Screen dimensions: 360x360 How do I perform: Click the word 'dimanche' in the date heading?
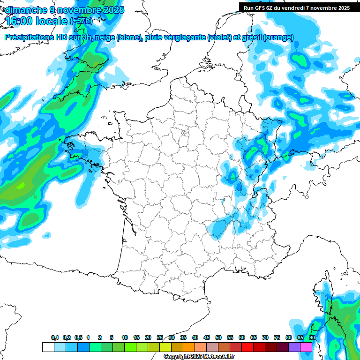coord(24,9)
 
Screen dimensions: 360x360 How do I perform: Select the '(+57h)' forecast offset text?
coord(81,21)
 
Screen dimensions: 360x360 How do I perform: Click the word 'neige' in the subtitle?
coord(105,38)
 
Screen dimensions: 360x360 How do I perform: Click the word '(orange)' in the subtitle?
coord(278,38)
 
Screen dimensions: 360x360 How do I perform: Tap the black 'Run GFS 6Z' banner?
coord(296,7)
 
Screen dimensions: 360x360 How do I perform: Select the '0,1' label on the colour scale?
coord(55,338)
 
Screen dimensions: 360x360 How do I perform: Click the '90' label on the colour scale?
coord(312,338)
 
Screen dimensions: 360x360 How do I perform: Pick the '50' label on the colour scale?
coord(218,338)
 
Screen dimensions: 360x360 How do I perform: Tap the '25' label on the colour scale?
coord(160,338)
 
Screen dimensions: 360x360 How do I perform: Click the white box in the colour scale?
coord(48,347)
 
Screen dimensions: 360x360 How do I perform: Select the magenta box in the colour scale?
coord(306,347)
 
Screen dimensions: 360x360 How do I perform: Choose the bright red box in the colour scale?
coord(247,347)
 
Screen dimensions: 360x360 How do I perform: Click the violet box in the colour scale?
coord(294,347)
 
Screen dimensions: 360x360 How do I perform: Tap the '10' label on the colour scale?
coord(125,338)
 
